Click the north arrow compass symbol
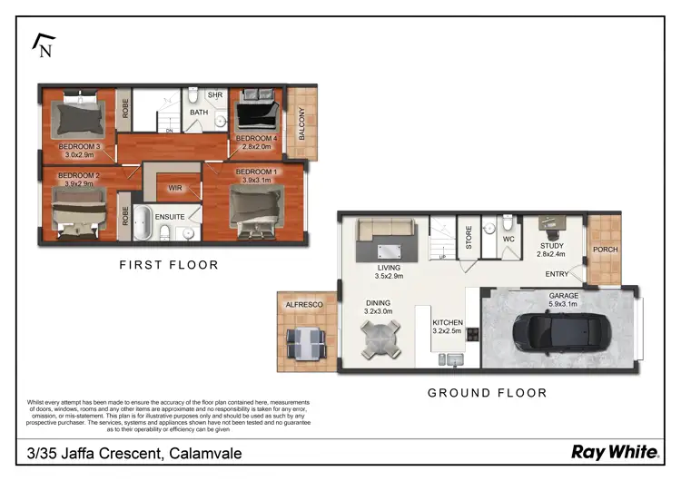tap(42, 45)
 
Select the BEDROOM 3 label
tap(78, 146)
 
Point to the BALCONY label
tap(302, 124)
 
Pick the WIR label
tap(175, 190)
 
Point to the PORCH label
tap(605, 250)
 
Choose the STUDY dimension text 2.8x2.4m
tap(551, 255)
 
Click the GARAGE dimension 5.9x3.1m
tap(563, 304)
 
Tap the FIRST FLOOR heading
tap(169, 265)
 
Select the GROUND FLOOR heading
tap(487, 393)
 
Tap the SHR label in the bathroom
tap(215, 94)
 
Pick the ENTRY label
tap(558, 274)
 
